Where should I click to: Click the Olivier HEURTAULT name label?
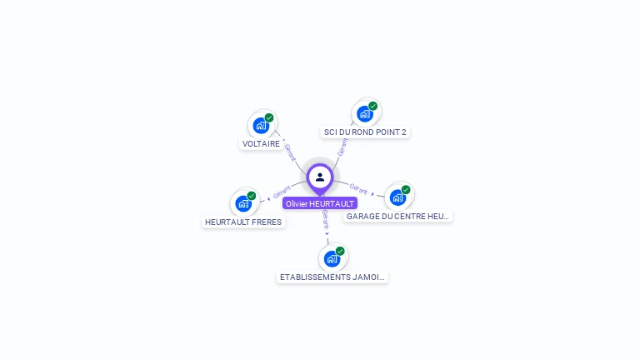[x=320, y=203]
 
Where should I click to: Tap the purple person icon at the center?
[x=320, y=177]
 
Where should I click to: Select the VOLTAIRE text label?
[x=261, y=143]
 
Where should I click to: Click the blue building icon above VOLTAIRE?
[x=261, y=126]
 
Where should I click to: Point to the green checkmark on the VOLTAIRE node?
[x=269, y=117]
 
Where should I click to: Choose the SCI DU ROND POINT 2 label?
[x=366, y=132]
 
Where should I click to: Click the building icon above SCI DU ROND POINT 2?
[x=364, y=114]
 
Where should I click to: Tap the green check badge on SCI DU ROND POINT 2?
[x=372, y=106]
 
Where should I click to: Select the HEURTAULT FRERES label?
[x=243, y=222]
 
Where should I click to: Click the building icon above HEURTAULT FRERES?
[x=243, y=203]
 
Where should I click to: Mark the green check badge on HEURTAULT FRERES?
[x=252, y=196]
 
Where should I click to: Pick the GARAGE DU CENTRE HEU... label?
[x=398, y=216]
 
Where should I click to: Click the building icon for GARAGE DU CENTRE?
[x=397, y=197]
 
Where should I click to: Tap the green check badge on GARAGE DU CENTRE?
[x=406, y=189]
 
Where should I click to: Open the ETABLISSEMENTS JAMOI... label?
[x=332, y=277]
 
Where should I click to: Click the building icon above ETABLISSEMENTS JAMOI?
[x=332, y=258]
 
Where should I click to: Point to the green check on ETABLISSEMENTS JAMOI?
[x=340, y=251]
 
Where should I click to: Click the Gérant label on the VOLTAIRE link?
[x=289, y=152]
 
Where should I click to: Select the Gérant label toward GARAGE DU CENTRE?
[x=358, y=189]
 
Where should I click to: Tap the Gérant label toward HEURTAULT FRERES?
[x=282, y=192]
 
